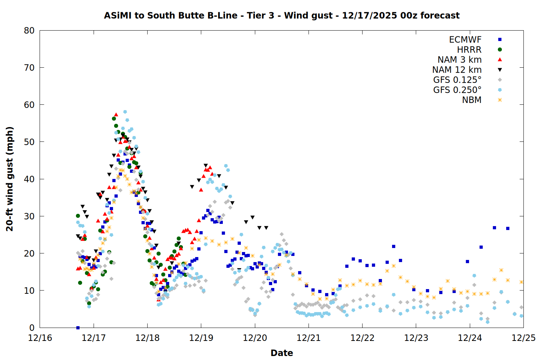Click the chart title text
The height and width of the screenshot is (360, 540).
pos(282,15)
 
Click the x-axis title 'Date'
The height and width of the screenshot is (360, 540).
pos(282,353)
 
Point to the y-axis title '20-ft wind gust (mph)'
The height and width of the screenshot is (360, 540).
pos(10,179)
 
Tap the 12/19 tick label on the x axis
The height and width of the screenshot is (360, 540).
pos(201,338)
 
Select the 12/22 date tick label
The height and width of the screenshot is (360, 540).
pos(362,338)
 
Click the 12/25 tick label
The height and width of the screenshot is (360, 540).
pos(523,338)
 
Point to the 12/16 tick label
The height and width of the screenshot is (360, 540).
pos(40,338)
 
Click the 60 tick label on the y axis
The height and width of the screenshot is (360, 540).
pos(29,105)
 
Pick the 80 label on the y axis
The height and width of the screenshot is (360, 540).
pos(29,31)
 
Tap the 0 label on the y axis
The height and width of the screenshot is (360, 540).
pos(32,328)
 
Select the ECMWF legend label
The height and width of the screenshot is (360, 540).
pos(465,40)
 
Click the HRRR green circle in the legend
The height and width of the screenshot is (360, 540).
pos(500,50)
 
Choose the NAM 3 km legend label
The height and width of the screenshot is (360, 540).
pos(459,60)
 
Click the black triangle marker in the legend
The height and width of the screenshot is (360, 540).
pos(500,70)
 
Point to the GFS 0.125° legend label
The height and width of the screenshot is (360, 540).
pos(457,80)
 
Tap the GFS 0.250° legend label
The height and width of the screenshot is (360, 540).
pos(457,90)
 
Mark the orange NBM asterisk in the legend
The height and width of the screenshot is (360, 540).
pos(500,100)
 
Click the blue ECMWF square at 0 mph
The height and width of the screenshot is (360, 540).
pos(78,328)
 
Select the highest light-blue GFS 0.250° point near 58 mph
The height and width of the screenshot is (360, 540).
pos(125,112)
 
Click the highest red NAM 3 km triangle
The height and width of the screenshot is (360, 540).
pos(116,114)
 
